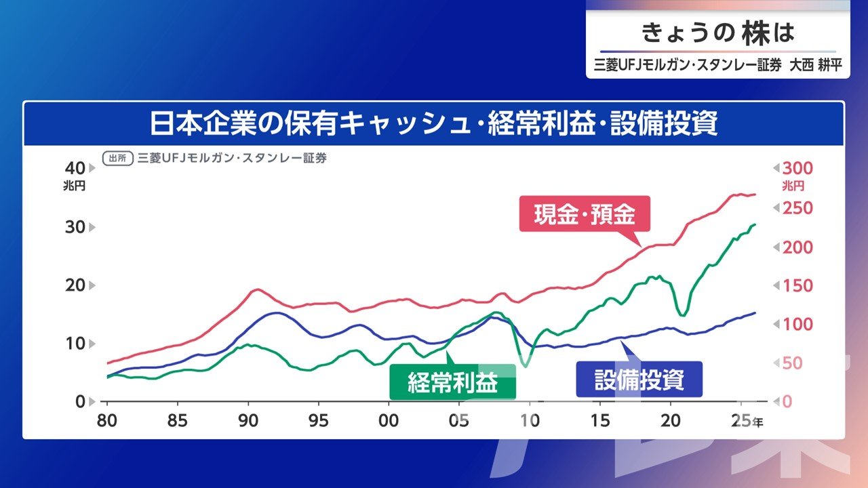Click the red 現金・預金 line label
click(x=584, y=216)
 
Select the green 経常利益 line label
click(x=452, y=383)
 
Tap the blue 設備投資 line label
click(x=639, y=380)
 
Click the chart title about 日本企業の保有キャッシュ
click(x=433, y=125)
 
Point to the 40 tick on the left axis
click(x=75, y=168)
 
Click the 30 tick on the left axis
click(x=75, y=226)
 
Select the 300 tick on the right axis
click(x=797, y=168)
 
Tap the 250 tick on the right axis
click(x=797, y=208)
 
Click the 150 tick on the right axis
click(x=797, y=285)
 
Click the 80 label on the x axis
click(x=107, y=420)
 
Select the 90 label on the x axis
click(x=248, y=420)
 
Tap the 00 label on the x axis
click(x=389, y=420)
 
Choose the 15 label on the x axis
click(x=599, y=420)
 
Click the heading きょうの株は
click(x=717, y=32)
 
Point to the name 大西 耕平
click(x=814, y=67)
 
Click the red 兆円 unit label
click(x=793, y=186)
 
